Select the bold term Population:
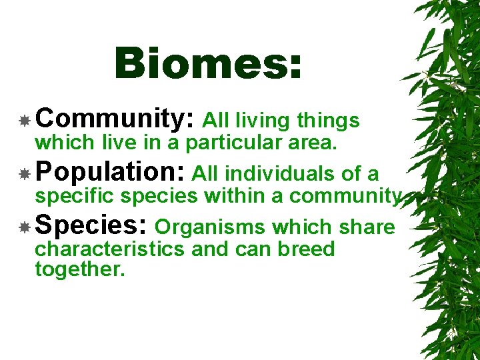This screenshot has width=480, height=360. click(x=111, y=173)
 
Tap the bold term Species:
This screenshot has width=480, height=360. click(x=91, y=227)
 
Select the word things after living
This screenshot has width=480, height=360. click(x=328, y=121)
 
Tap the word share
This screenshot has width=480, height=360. click(x=367, y=228)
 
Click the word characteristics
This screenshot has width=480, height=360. click(x=110, y=249)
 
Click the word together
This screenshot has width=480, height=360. click(x=79, y=269)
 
